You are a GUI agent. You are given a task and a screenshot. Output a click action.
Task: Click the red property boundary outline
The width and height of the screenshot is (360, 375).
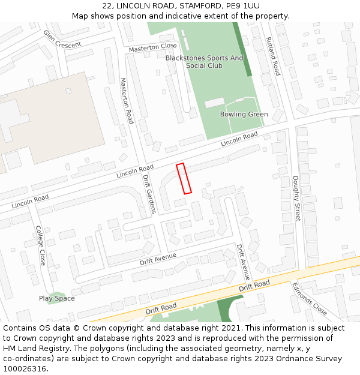click(184, 178)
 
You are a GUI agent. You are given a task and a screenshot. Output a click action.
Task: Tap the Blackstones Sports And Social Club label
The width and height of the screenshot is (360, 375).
click(205, 62)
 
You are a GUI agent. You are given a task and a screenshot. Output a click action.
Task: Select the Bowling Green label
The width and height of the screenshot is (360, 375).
click(244, 114)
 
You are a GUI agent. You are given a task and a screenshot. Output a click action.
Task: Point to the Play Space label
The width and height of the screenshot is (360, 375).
click(57, 298)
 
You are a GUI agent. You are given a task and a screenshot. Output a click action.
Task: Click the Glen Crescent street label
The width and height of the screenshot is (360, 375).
click(62, 40)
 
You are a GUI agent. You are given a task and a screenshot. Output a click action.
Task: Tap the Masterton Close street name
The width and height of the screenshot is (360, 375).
click(152, 47)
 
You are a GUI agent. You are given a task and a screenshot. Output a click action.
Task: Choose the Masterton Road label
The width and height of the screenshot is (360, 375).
click(127, 101)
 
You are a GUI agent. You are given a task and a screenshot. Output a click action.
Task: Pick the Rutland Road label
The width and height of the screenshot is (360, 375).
click(273, 56)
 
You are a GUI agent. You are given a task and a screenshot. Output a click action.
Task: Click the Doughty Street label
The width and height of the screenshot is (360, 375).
click(296, 198)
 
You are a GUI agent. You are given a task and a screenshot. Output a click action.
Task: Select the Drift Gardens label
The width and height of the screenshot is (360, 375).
click(148, 194)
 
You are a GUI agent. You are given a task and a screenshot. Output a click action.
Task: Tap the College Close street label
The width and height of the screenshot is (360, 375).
click(40, 245)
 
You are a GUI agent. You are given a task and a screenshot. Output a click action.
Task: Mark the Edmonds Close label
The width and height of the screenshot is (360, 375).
click(310, 298)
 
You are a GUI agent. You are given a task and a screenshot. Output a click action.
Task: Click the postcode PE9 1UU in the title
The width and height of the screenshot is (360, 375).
click(243, 5)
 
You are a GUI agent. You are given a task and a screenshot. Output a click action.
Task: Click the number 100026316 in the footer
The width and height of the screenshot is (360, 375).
click(25, 368)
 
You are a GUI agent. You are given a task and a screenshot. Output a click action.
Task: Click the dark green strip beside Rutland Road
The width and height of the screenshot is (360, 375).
click(242, 49)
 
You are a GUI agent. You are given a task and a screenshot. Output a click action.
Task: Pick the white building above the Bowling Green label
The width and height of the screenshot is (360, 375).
click(214, 103)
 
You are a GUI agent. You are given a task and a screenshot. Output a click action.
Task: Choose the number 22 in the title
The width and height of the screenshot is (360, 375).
click(107, 5)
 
